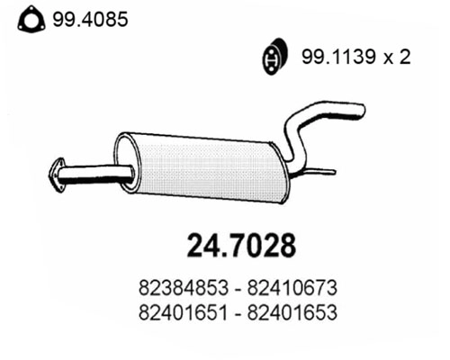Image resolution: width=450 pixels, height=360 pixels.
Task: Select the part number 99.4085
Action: click(90, 18)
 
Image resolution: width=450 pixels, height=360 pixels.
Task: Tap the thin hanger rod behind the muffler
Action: click(319, 171)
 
